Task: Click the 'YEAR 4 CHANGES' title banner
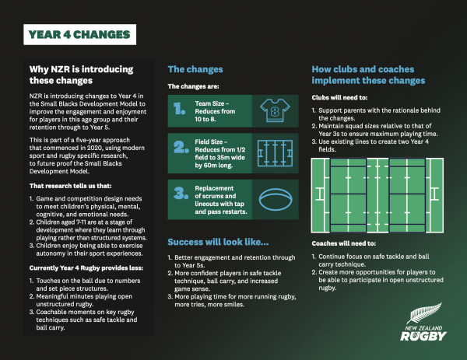80,34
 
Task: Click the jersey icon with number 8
275,110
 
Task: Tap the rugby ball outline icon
276,199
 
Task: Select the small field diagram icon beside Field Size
275,153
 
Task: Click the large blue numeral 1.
179,109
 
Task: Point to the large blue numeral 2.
181,147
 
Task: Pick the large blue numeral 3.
181,193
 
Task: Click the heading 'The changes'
195,69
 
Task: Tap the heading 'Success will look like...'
218,242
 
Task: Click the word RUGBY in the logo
423,336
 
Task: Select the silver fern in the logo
424,313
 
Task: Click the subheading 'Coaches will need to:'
344,243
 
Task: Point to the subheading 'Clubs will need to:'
339,98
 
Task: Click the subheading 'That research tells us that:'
71,186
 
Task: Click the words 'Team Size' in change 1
209,103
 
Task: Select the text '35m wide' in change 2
231,157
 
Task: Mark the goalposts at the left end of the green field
320,194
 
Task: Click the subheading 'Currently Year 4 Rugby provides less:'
86,268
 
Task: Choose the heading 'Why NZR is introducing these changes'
81,75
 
